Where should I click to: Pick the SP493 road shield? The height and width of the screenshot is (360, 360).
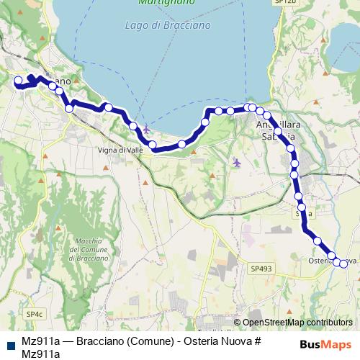coord(261,269)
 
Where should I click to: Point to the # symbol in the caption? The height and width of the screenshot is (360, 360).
coord(256,341)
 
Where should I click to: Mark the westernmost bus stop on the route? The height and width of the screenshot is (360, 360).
coord(19,81)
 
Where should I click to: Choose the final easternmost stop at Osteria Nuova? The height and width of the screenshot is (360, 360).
coord(343,264)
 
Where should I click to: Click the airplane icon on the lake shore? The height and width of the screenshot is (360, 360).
coord(146,130)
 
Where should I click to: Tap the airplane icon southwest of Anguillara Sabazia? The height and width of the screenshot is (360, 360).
coord(237,163)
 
